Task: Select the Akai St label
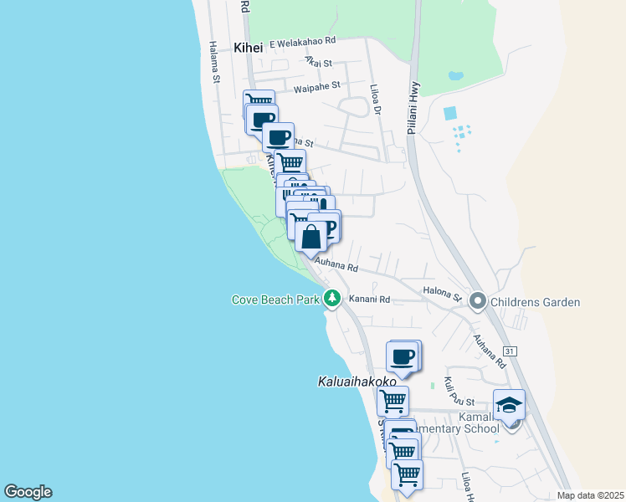319,62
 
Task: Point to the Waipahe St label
317,85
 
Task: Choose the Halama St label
214,63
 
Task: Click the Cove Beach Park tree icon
332,298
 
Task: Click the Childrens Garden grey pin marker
478,300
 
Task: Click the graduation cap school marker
509,405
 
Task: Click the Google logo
28,492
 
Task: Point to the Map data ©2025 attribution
591,495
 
